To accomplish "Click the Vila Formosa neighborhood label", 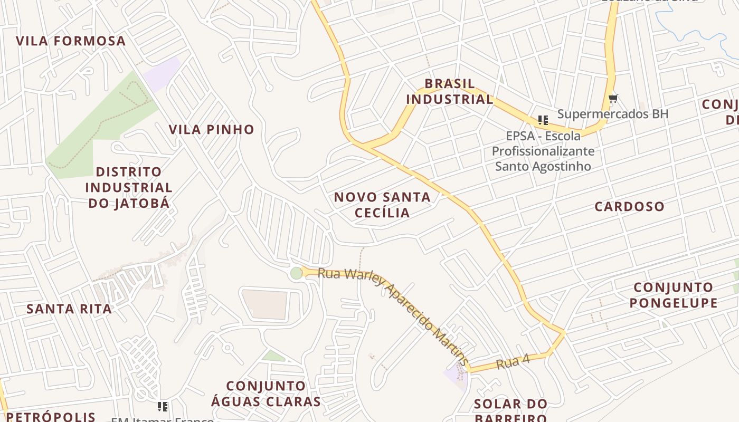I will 71,41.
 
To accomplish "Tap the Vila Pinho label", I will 211,129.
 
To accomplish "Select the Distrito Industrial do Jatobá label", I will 129,187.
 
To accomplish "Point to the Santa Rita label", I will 69,309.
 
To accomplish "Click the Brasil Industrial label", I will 450,91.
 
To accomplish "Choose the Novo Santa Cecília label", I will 382,205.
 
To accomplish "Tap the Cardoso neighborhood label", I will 629,206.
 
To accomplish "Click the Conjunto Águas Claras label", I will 266,394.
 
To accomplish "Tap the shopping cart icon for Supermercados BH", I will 613,98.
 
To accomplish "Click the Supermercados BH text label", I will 613,114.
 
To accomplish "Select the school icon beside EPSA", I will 543,120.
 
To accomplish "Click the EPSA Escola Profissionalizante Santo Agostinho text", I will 543,151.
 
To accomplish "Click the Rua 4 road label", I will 513,362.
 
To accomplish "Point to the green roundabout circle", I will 297,273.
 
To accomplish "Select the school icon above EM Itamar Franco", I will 163,406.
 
